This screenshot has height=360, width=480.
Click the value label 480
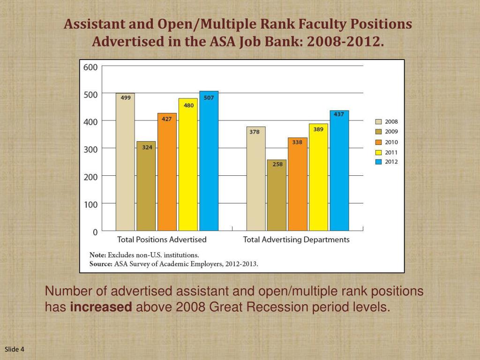pyautogui.click(x=188, y=105)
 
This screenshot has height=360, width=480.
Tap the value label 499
pyautogui.click(x=126, y=98)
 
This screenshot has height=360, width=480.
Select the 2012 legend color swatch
pyautogui.click(x=378, y=162)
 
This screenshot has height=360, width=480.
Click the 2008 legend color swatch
pyautogui.click(x=378, y=121)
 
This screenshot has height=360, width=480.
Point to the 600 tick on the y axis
pyautogui.click(x=90, y=67)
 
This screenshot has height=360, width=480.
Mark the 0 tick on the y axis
pyautogui.click(x=95, y=232)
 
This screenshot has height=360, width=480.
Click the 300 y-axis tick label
pyautogui.click(x=90, y=149)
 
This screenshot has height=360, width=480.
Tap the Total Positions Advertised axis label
pyautogui.click(x=162, y=240)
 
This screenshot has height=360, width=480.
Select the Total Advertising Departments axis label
pyautogui.click(x=296, y=240)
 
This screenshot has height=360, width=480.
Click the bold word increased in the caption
pyautogui.click(x=101, y=307)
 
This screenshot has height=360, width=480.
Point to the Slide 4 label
pyautogui.click(x=15, y=349)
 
